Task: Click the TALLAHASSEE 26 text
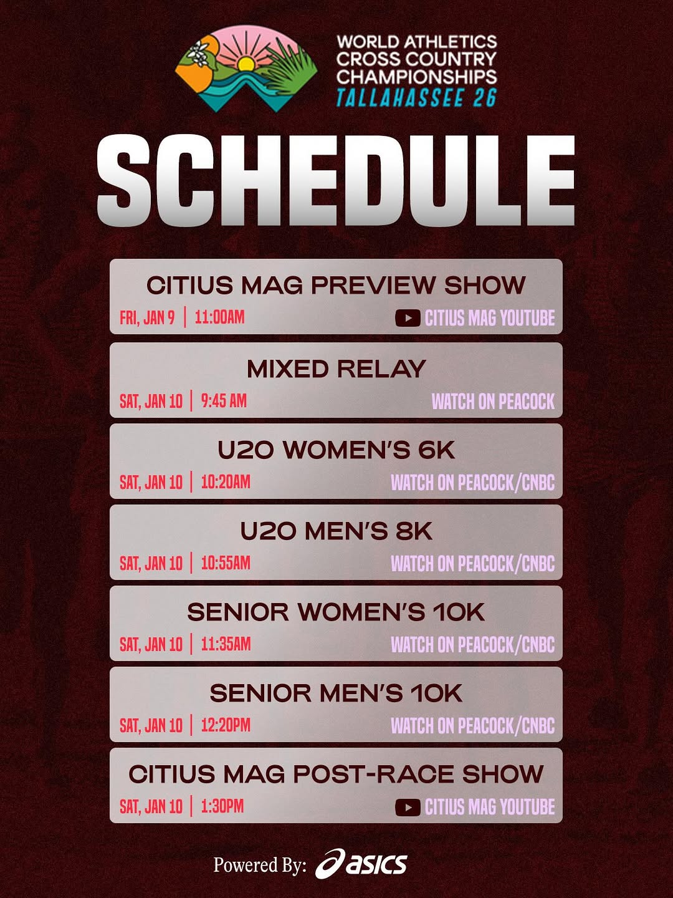click(x=416, y=97)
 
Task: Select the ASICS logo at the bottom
click(x=361, y=864)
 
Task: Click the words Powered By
click(x=259, y=865)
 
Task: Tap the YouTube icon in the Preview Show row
click(x=408, y=318)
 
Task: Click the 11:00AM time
click(x=220, y=317)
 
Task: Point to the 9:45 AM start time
click(x=224, y=400)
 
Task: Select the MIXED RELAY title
click(x=336, y=369)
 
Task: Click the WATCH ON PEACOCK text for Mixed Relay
click(x=493, y=402)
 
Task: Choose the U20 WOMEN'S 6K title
click(x=336, y=450)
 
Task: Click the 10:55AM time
click(x=226, y=563)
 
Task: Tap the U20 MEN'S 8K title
click(x=336, y=531)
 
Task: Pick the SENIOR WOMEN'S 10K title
click(x=336, y=612)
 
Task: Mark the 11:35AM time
click(x=226, y=644)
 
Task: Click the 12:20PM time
click(x=226, y=725)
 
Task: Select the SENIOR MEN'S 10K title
click(x=336, y=693)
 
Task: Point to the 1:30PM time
click(x=222, y=806)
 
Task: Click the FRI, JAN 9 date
click(x=147, y=318)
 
